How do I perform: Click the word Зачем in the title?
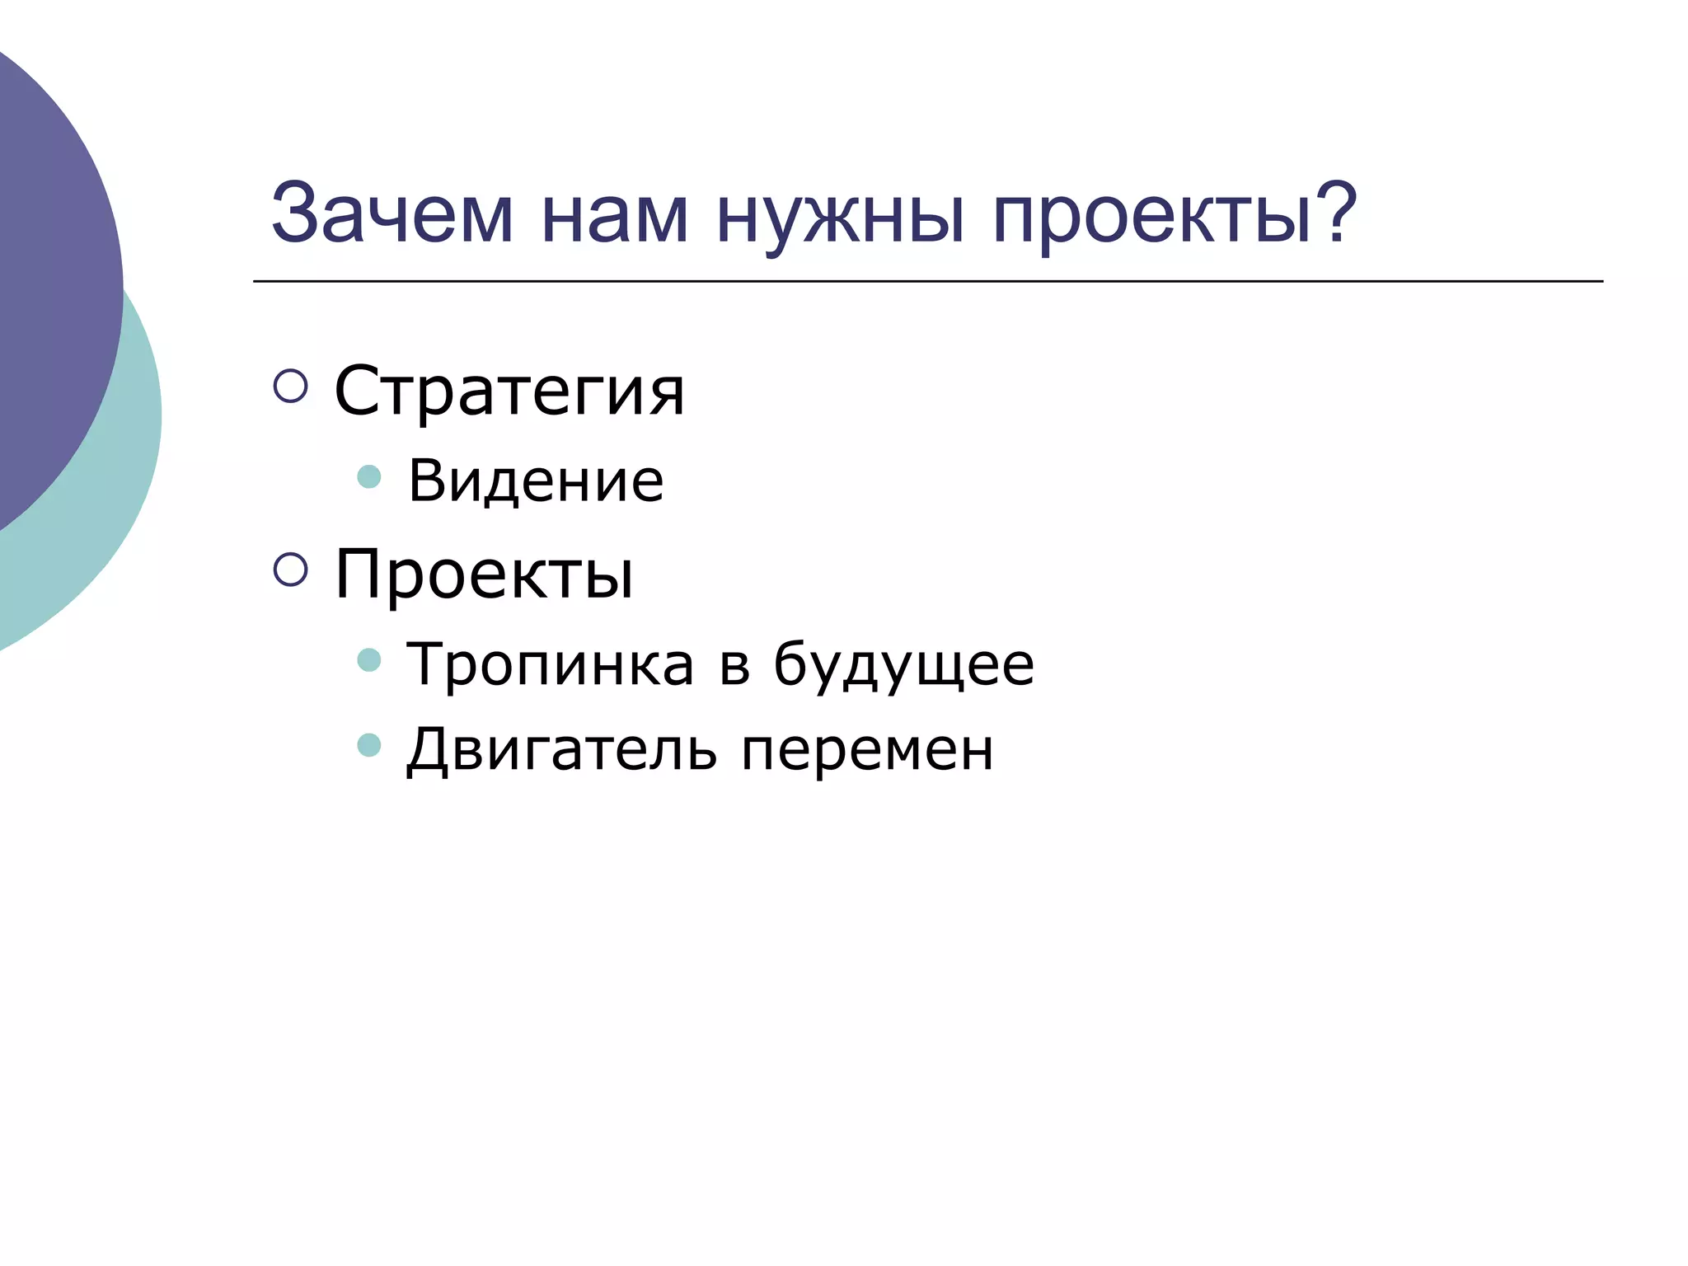(392, 214)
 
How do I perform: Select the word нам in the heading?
(615, 216)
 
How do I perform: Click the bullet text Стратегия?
(509, 392)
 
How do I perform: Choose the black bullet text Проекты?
(485, 574)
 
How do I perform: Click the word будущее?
(903, 664)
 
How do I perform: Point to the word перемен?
(867, 752)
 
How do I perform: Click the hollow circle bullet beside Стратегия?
(290, 386)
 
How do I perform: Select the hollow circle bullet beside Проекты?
(290, 569)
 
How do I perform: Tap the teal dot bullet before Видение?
(369, 476)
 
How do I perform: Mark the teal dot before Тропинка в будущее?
(369, 659)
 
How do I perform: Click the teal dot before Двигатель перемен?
(369, 745)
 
